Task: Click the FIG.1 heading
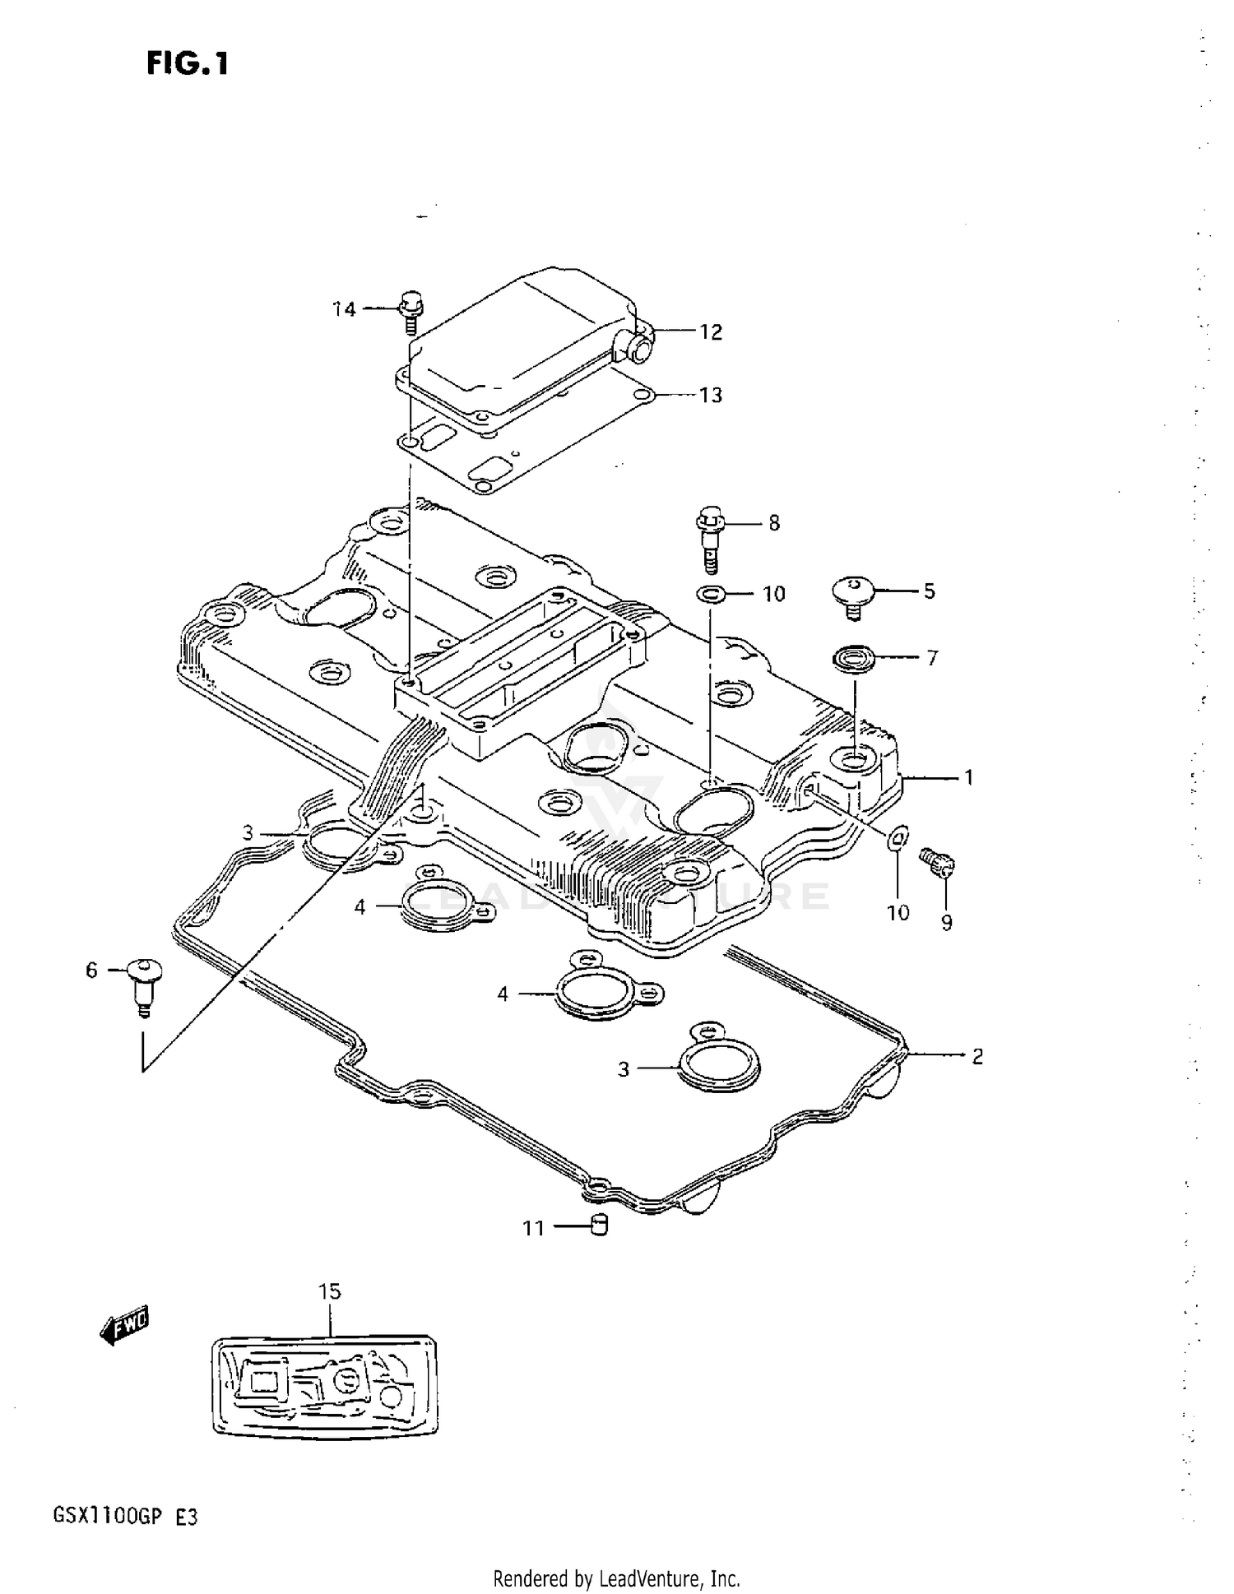(188, 63)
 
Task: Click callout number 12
(710, 332)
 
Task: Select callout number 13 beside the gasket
(710, 396)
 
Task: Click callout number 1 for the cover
(968, 777)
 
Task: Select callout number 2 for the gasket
(977, 1057)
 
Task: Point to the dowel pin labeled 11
(600, 1226)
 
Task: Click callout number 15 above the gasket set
(329, 1292)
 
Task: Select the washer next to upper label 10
(711, 593)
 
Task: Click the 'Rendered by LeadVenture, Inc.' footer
(616, 1578)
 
